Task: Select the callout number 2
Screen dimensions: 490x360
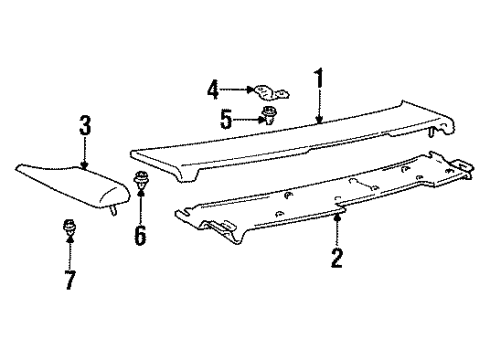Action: [x=337, y=259]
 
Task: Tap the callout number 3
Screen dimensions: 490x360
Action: [x=85, y=127]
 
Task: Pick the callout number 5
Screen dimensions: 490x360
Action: [x=226, y=120]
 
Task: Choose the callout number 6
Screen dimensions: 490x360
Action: [x=140, y=236]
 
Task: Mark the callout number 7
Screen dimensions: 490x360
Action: [x=69, y=279]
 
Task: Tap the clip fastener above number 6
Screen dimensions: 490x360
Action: [x=141, y=182]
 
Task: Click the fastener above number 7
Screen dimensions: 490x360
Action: [x=70, y=228]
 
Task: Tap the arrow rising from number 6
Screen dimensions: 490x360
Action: [x=141, y=208]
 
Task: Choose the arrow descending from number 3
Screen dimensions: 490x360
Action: [x=85, y=153]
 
